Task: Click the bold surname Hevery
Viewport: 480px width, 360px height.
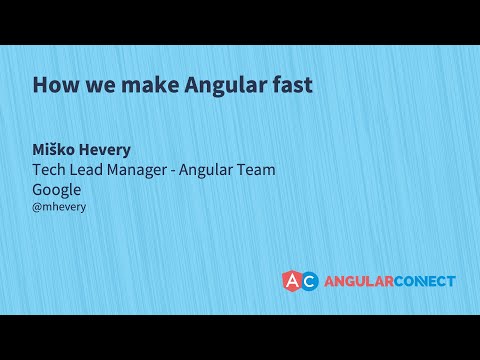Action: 109,150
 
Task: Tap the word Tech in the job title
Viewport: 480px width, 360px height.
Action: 50,170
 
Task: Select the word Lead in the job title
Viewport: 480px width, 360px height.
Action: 91,170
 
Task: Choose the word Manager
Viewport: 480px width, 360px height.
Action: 148,170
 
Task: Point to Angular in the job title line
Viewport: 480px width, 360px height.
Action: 220,170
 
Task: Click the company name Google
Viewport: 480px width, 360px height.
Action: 57,190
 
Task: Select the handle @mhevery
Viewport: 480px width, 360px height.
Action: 59,207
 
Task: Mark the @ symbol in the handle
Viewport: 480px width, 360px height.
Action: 37,207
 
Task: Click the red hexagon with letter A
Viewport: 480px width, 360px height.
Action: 293,281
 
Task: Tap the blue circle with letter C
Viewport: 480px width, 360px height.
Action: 309,281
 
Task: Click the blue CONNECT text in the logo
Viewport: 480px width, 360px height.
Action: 423,281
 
